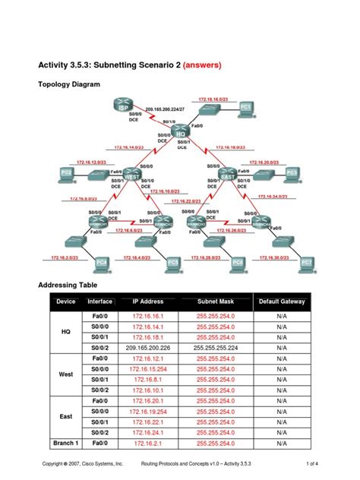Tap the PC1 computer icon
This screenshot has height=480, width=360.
tap(245, 107)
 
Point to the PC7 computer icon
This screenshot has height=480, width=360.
tap(306, 262)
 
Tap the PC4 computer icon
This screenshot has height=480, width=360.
tap(100, 263)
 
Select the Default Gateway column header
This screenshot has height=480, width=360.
tap(281, 302)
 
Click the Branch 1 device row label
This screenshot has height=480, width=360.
tap(65, 442)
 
